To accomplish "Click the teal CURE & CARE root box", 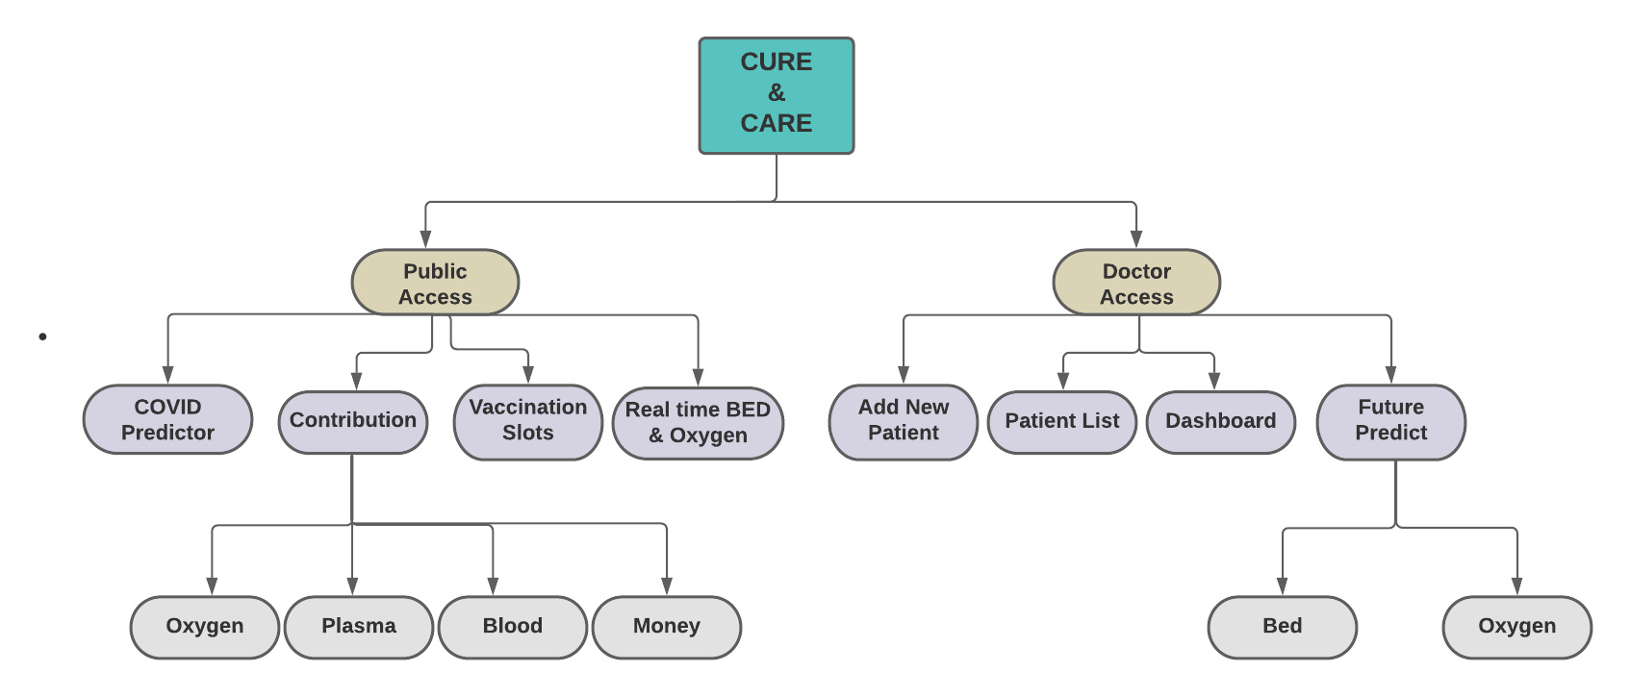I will [776, 95].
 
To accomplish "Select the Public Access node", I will [435, 283].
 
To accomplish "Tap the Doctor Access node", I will [1136, 283].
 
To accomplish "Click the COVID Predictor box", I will [167, 419].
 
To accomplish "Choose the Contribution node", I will [353, 421].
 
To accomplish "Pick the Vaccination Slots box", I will [527, 421].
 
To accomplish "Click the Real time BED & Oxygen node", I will [698, 423].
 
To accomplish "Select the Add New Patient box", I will [903, 421].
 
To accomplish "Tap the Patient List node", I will [1061, 421].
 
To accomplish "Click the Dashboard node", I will [1220, 421].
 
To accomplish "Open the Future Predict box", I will [1390, 421].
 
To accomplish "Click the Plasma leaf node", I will [358, 627].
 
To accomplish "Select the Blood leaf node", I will [512, 627].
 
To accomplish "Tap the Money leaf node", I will [666, 627].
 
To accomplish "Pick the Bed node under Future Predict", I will [1282, 627].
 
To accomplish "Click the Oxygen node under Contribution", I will [204, 627].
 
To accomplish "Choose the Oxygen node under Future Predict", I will [1516, 627].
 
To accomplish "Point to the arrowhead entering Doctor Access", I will [1136, 238].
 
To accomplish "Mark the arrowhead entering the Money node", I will [666, 585].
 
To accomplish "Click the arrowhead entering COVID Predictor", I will [167, 374].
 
